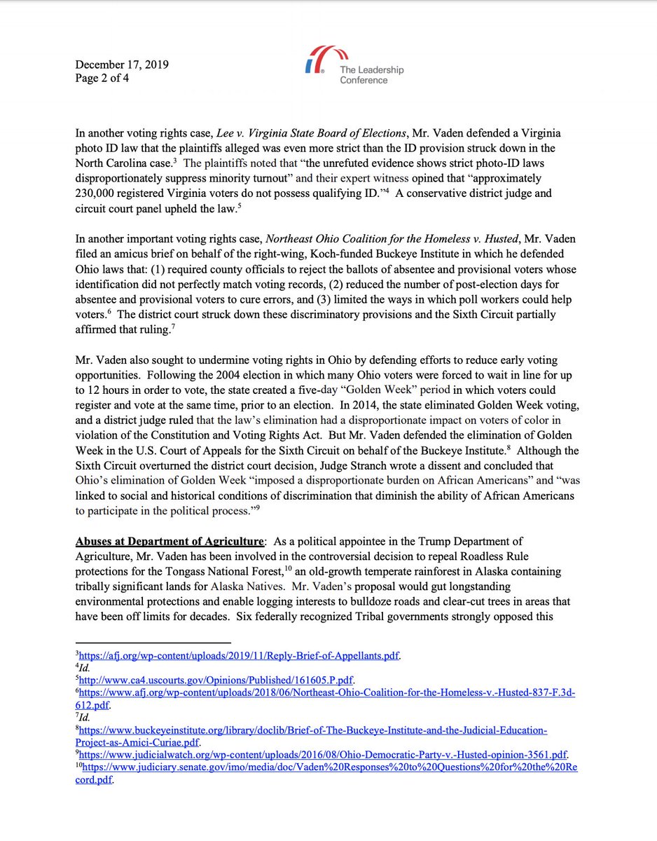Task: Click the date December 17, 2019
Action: coord(122,65)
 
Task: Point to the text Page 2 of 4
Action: coord(102,78)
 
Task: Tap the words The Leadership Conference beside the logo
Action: coord(371,75)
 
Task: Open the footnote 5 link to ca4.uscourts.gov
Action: coord(217,679)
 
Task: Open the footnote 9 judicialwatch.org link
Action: coord(322,755)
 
